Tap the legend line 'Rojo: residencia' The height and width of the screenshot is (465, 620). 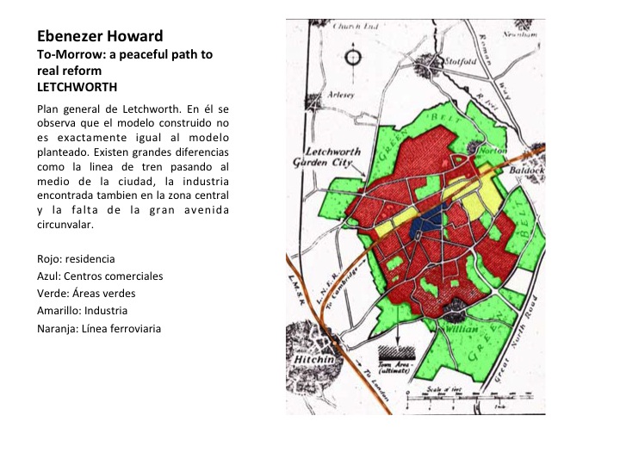[x=76, y=258]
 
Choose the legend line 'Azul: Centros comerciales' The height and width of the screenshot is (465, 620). [x=100, y=276]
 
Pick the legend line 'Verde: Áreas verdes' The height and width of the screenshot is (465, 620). [x=86, y=293]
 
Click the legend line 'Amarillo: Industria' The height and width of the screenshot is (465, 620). [x=83, y=310]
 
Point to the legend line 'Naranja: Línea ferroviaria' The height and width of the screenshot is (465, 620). [x=99, y=327]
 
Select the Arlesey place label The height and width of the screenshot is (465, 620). [x=337, y=96]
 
